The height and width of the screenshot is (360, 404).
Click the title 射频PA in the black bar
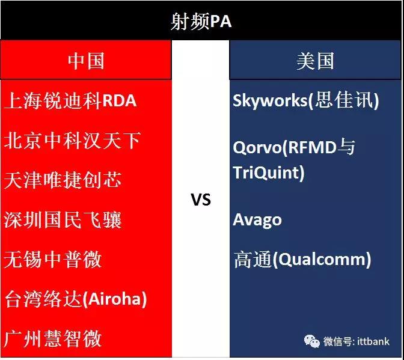(x=201, y=22)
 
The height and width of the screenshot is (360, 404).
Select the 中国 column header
(x=86, y=61)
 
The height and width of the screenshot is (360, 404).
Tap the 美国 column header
(x=315, y=61)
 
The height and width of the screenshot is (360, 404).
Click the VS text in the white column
(x=201, y=200)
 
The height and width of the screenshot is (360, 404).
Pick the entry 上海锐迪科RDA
(x=70, y=100)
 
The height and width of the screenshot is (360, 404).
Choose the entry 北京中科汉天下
(x=72, y=141)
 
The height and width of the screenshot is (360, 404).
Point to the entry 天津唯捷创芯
(x=63, y=180)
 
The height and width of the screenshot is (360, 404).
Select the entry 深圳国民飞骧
(x=63, y=219)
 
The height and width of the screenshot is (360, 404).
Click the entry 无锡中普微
(x=52, y=259)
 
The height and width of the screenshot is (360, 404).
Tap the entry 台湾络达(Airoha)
(x=76, y=299)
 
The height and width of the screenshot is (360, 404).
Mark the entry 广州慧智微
(x=52, y=338)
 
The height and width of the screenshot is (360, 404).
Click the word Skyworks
(x=270, y=101)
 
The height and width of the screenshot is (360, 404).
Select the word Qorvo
(x=257, y=148)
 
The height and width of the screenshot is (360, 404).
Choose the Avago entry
(x=257, y=220)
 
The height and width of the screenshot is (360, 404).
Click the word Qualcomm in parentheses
(x=322, y=259)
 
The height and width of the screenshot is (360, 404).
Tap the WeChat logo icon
(x=312, y=341)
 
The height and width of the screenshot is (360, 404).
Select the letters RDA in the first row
(x=120, y=100)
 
